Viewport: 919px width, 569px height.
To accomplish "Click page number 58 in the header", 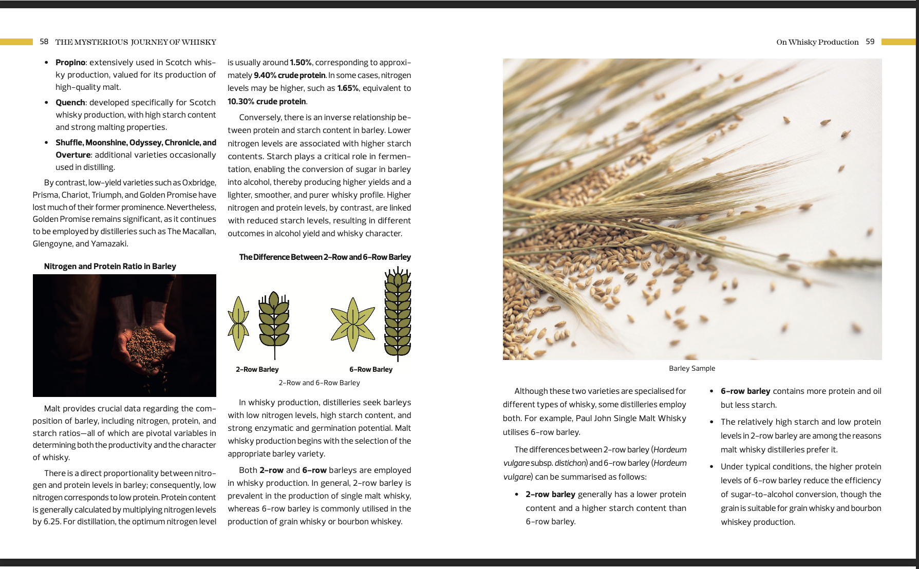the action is pos(44,42).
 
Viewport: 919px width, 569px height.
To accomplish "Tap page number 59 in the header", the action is pos(870,42).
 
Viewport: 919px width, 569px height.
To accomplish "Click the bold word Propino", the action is pos(70,63).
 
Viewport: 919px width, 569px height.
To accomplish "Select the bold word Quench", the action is pos(70,103).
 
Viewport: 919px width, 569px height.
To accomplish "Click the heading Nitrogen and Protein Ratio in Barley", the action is pos(110,266).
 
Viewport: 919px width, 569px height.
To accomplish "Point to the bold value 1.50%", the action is pos(301,63).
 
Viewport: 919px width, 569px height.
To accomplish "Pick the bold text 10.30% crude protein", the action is pos(267,102).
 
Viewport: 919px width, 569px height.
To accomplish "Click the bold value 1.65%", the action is pos(348,88).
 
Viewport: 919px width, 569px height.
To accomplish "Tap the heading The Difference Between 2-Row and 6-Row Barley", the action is pos(325,257).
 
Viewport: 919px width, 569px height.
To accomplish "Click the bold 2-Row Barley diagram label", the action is pos(257,369).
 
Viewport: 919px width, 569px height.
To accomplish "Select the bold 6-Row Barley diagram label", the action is pos(371,369).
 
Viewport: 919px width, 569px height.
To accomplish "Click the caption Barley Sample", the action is pos(692,368).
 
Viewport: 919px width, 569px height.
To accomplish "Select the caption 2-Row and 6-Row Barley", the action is pos(320,383).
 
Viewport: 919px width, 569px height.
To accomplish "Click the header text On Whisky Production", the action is pos(817,42).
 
